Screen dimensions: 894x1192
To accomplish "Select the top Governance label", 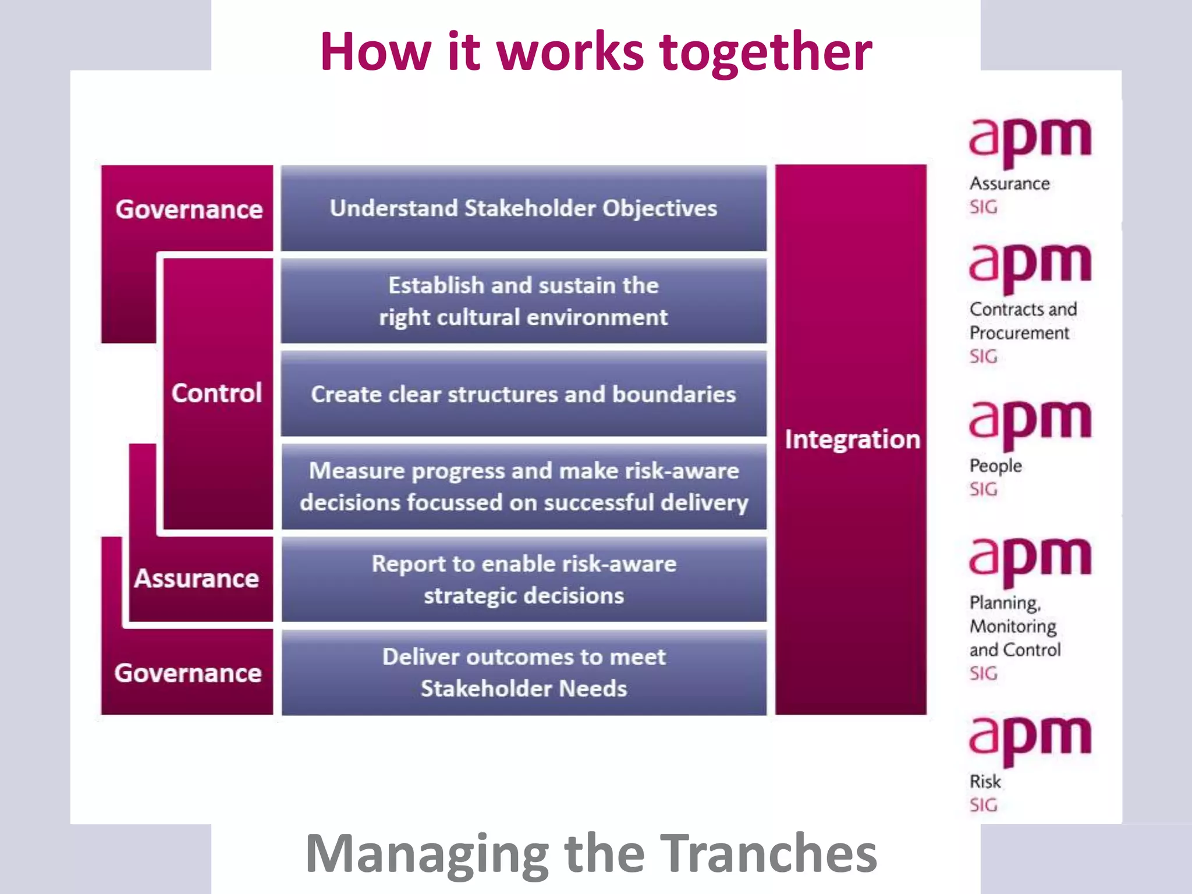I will pyautogui.click(x=189, y=210).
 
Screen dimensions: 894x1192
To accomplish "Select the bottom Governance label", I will pyautogui.click(x=187, y=673).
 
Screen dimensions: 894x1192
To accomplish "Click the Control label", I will pyautogui.click(x=217, y=393).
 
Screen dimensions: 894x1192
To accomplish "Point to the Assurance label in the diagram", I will pyautogui.click(x=197, y=579).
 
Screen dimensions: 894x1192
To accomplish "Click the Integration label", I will pyautogui.click(x=852, y=439).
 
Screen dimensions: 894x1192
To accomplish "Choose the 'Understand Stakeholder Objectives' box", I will pyautogui.click(x=523, y=208).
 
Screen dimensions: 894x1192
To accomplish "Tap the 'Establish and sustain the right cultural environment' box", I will pyautogui.click(x=523, y=301).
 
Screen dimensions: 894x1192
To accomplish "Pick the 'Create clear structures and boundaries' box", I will pyautogui.click(x=523, y=394).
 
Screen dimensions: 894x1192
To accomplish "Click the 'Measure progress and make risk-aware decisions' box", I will pyautogui.click(x=523, y=487).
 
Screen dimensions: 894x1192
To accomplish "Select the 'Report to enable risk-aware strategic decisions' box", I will pyautogui.click(x=523, y=580).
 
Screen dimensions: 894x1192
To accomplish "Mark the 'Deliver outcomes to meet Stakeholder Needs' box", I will pyautogui.click(x=523, y=673).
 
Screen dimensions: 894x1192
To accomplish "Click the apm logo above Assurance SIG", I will pyautogui.click(x=1029, y=140).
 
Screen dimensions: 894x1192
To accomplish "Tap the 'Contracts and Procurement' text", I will pyautogui.click(x=1022, y=321).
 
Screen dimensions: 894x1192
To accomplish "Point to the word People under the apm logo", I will pyautogui.click(x=995, y=466).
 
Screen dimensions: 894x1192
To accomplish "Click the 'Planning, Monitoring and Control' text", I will pyautogui.click(x=1014, y=626).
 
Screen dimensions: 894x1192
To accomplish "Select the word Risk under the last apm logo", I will pyautogui.click(x=985, y=782).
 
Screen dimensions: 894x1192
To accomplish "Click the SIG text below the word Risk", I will pyautogui.click(x=983, y=806).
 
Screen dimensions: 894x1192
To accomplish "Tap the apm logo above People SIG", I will pyautogui.click(x=1029, y=423).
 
